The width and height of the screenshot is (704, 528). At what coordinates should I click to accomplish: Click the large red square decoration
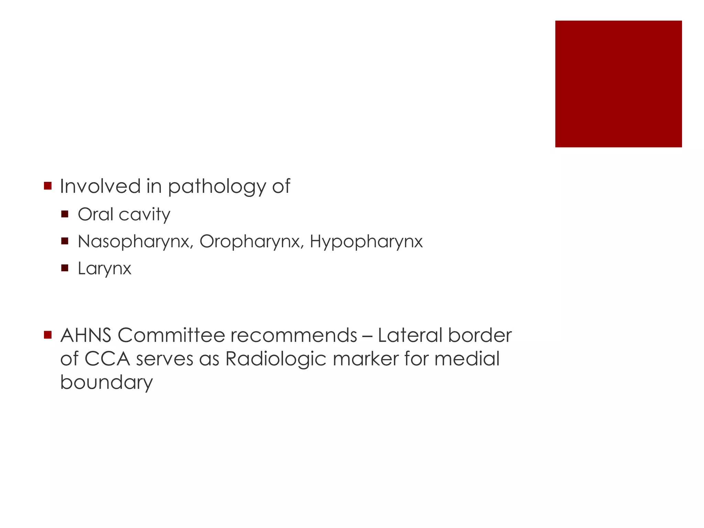[618, 84]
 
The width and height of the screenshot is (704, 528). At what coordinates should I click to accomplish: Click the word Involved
[100, 186]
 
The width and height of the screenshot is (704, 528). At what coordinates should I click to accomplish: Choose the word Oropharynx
[250, 242]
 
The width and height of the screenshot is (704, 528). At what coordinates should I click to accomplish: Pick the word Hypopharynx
[366, 242]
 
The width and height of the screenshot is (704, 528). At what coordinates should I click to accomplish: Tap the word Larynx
[104, 268]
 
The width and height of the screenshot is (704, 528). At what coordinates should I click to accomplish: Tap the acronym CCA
[107, 359]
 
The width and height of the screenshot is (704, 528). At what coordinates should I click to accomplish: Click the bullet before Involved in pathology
[48, 186]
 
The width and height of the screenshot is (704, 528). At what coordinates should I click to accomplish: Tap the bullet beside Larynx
[65, 268]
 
